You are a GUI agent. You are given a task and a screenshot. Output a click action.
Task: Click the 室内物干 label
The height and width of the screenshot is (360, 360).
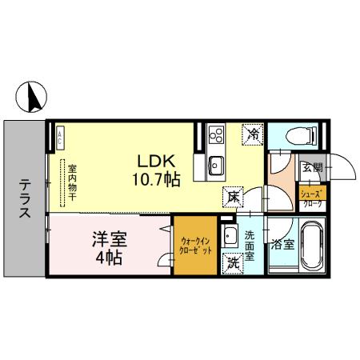(x=71, y=186)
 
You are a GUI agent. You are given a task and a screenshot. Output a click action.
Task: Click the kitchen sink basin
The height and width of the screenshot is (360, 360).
(x=215, y=166)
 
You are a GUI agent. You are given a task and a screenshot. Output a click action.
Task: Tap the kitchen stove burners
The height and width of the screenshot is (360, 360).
(x=215, y=135)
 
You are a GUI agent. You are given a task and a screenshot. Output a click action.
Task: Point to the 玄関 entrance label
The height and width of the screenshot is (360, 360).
(x=312, y=168)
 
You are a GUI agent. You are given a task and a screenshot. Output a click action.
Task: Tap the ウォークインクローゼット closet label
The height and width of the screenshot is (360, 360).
(x=196, y=246)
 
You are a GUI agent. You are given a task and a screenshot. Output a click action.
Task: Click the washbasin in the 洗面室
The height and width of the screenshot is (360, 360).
(x=230, y=236)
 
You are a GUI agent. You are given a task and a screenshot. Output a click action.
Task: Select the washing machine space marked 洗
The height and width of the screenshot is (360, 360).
(x=234, y=262)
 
